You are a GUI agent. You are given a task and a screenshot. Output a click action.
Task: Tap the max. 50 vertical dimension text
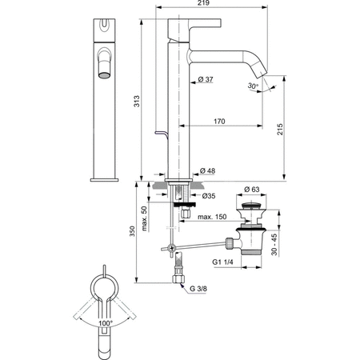143,217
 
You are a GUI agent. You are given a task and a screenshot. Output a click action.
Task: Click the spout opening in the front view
104,75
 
